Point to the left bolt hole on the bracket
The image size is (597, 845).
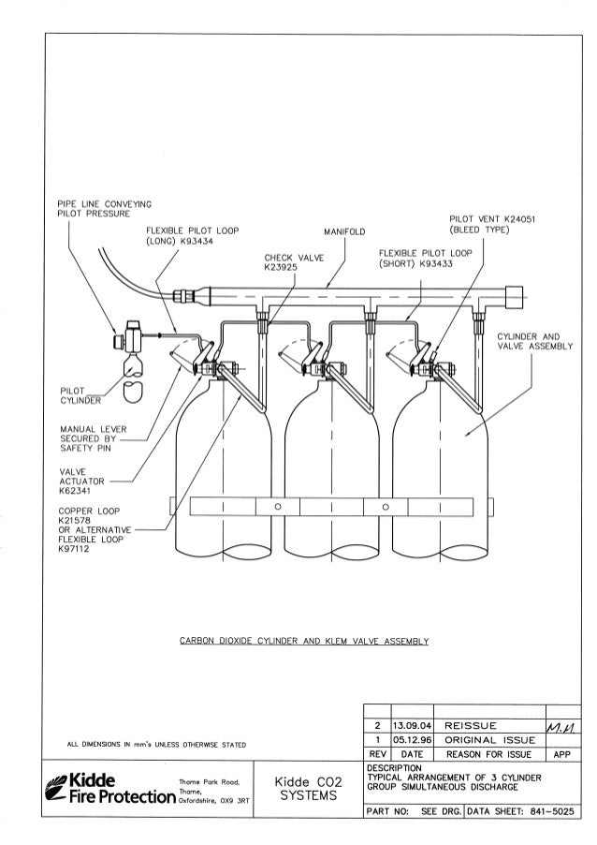pos(278,507)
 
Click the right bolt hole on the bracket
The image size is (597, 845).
pos(384,507)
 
